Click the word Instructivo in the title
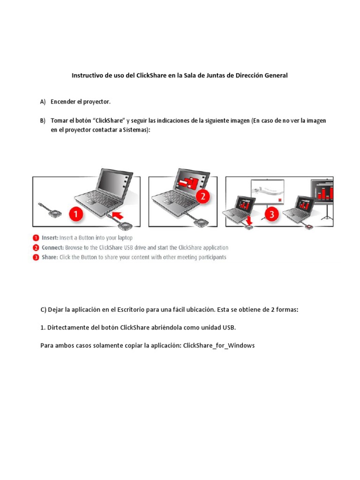(88, 75)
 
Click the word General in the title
(274, 75)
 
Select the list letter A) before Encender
(43, 102)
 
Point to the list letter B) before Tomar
(43, 121)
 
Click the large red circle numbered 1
(77, 215)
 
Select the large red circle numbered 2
(202, 196)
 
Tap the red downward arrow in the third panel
(248, 220)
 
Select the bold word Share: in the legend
(49, 257)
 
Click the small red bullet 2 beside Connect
(36, 247)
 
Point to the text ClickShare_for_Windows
(219, 345)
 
